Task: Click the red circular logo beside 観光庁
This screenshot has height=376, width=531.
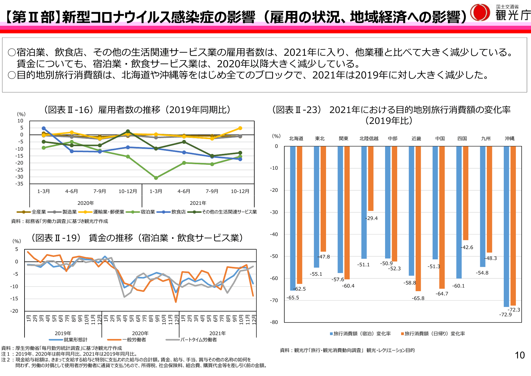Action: [480, 13]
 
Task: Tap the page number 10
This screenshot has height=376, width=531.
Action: [519, 355]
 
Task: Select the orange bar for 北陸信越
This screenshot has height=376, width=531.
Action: [371, 178]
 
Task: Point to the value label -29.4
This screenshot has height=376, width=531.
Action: [371, 218]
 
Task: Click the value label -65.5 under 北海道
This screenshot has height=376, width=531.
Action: [293, 298]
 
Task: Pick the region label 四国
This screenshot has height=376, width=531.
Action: [462, 138]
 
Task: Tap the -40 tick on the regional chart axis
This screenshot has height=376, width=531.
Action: [274, 234]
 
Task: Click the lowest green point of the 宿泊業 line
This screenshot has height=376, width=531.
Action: [156, 178]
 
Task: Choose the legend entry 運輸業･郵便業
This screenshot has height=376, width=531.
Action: [108, 212]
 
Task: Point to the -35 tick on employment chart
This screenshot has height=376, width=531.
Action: [20, 184]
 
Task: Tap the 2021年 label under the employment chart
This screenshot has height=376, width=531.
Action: [198, 203]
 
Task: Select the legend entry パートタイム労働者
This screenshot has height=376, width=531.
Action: [198, 340]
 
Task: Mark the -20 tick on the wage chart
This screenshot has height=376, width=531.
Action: [14, 311]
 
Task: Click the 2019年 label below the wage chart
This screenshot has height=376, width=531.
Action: [63, 333]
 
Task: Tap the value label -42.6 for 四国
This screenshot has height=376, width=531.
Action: [467, 247]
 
